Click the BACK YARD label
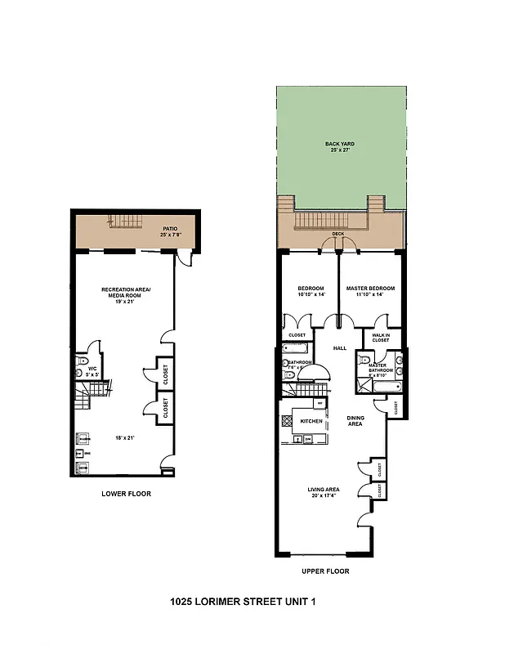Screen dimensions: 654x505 [339, 144]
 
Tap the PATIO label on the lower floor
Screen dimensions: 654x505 [170, 229]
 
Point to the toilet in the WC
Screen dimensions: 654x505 [82, 360]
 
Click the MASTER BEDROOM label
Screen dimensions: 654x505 [370, 288]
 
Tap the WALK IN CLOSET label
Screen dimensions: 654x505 [381, 338]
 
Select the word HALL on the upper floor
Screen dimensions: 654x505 [340, 348]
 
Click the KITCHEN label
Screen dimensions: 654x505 [311, 420]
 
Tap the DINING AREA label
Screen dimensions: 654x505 [355, 420]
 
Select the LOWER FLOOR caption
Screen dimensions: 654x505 [126, 494]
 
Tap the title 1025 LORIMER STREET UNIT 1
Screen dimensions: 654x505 [242, 602]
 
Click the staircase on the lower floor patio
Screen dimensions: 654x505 [125, 222]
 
